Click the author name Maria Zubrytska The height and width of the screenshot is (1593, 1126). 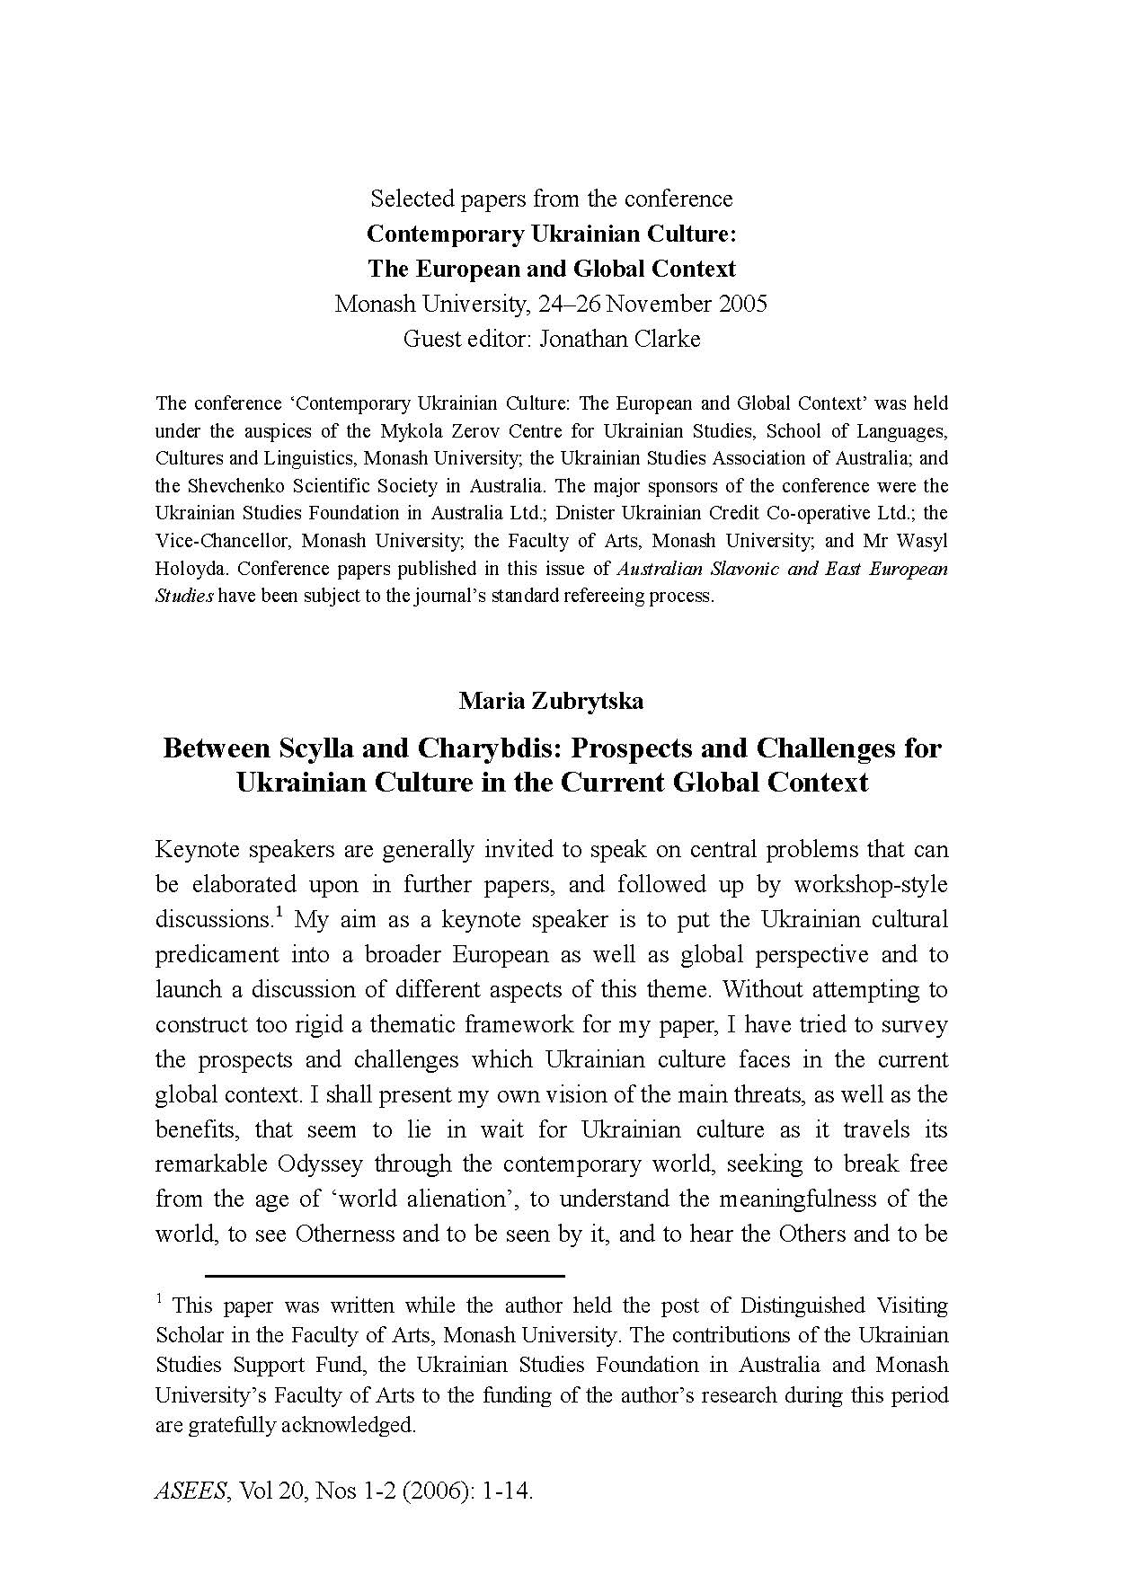tap(551, 701)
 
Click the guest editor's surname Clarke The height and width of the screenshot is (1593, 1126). tap(664, 339)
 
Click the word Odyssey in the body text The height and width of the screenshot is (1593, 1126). tap(320, 1164)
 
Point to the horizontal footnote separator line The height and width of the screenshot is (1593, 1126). tap(385, 1275)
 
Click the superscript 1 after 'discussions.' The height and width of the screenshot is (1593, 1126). tap(279, 914)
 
